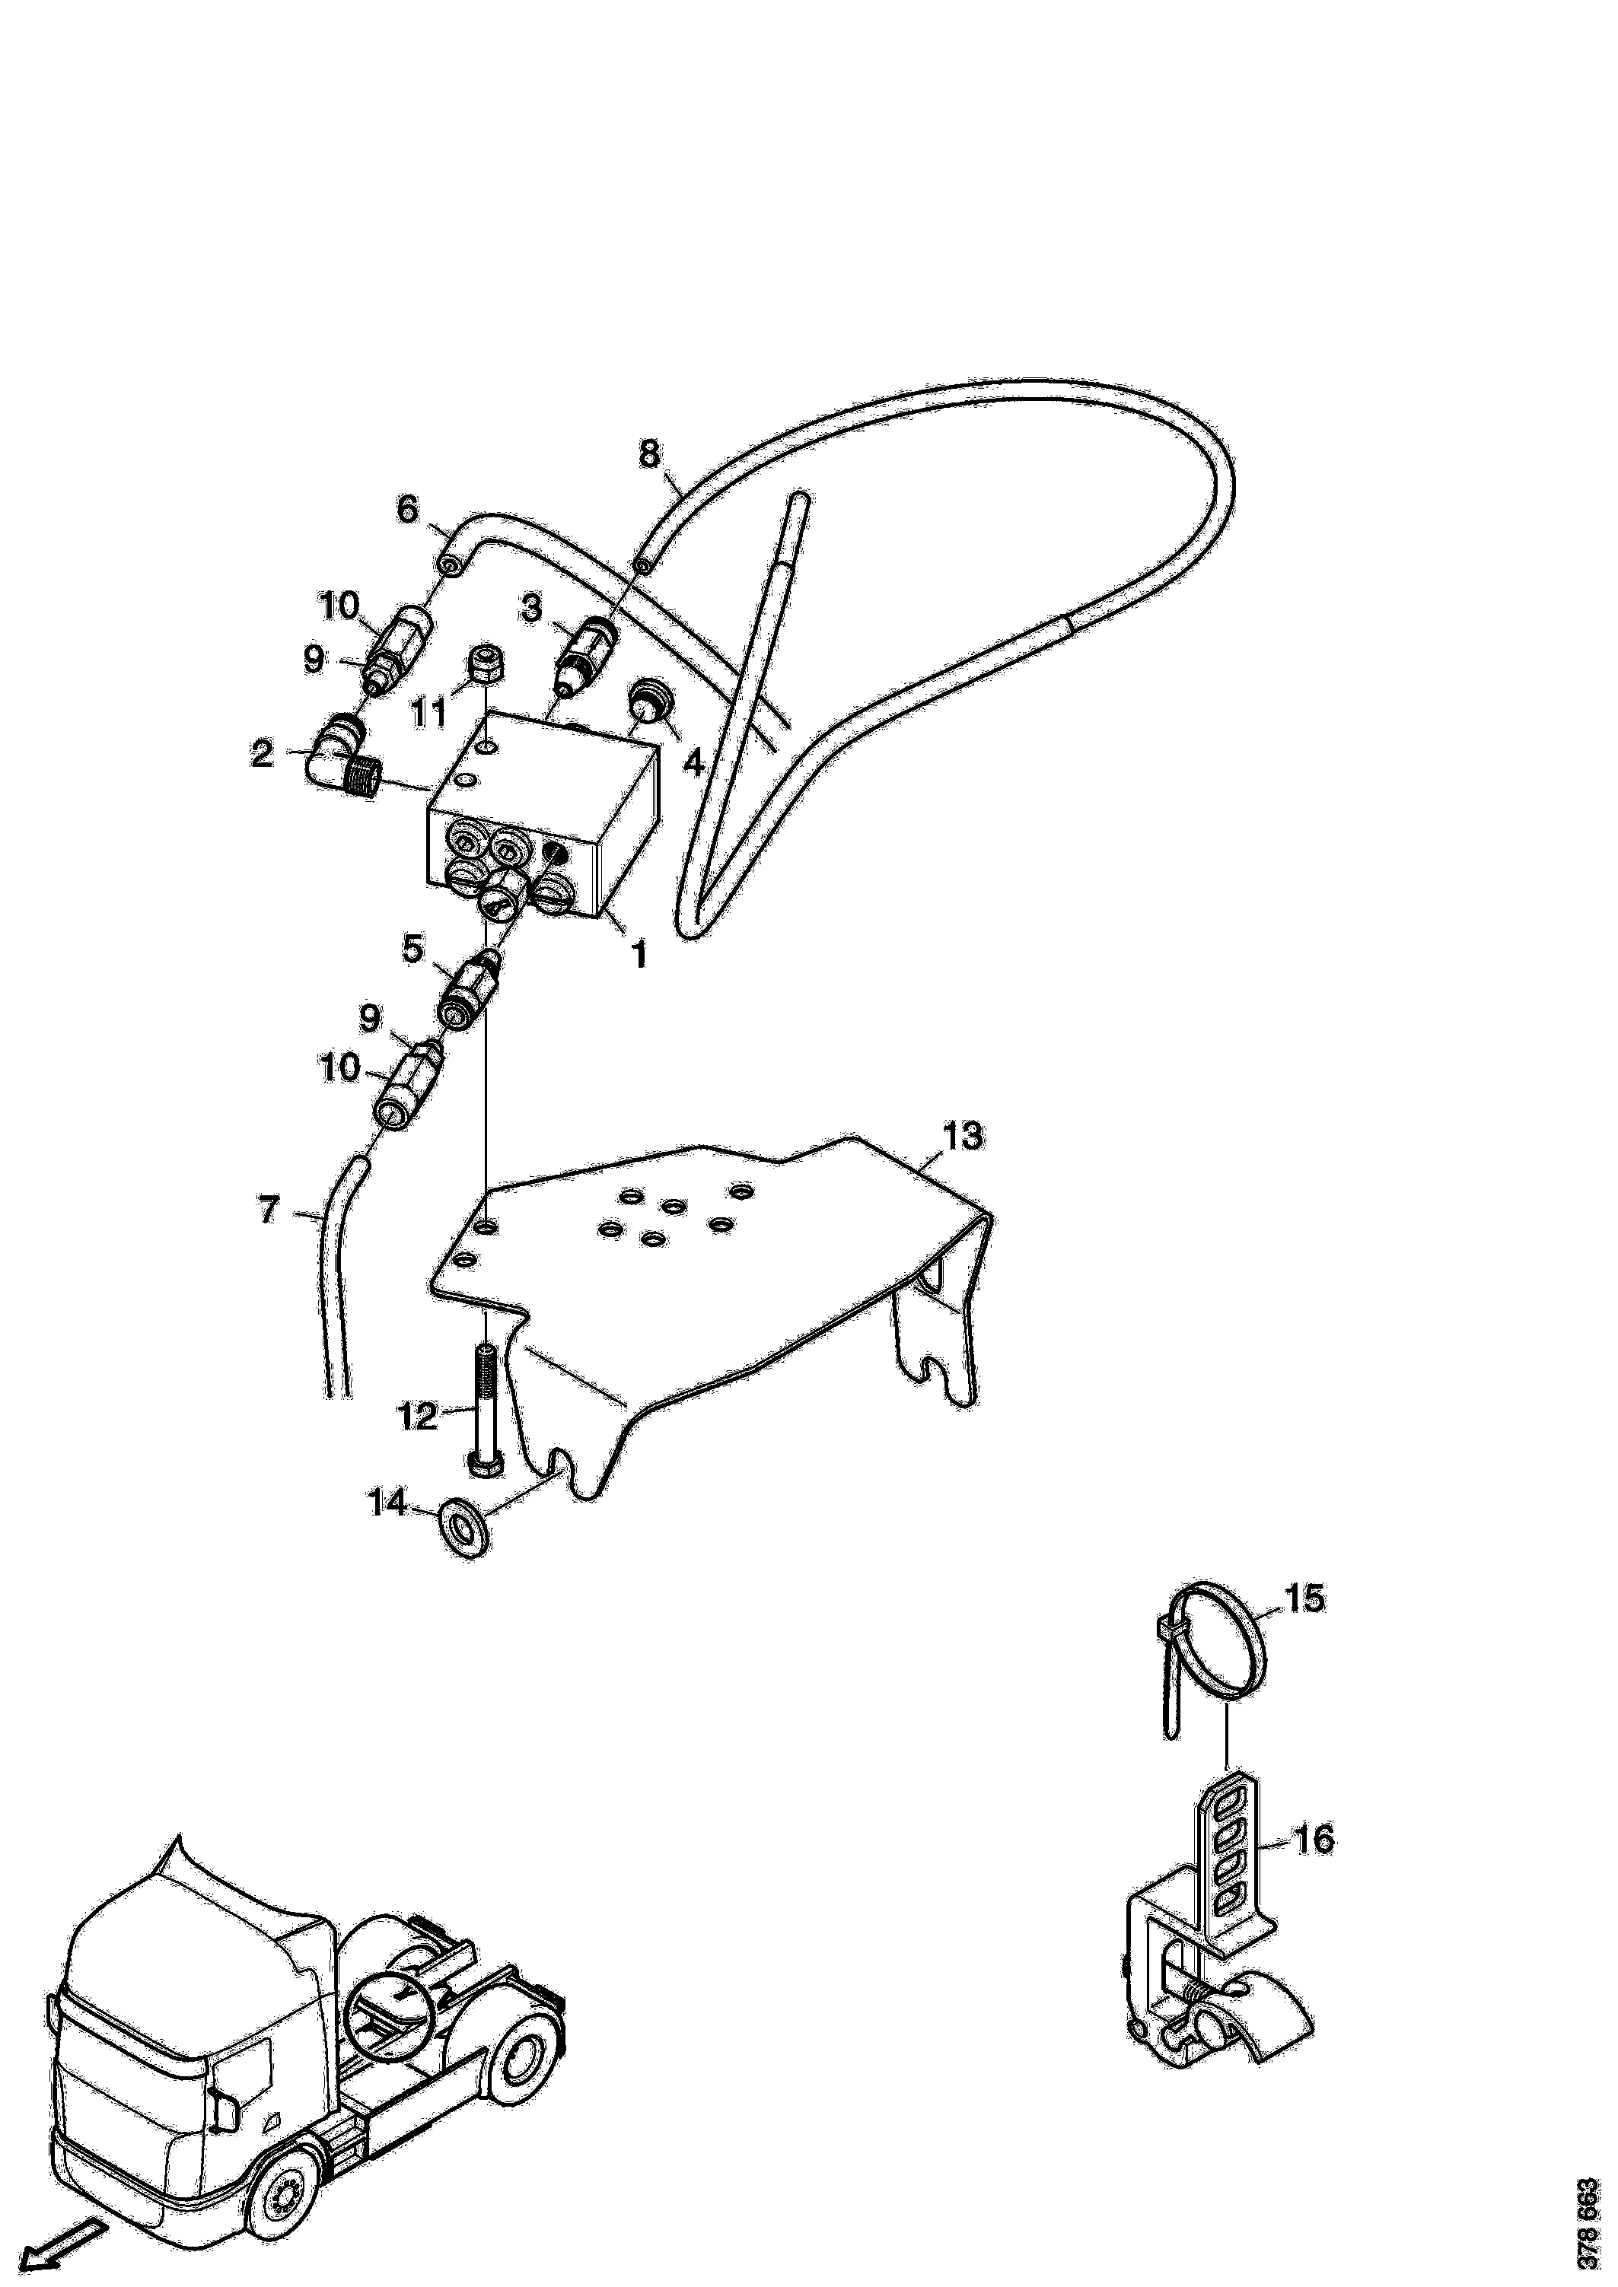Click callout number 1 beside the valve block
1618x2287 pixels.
pos(639,956)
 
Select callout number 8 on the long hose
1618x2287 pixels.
pos(648,455)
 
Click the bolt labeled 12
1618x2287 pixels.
pos(483,1407)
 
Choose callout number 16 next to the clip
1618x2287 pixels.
pos(1314,1839)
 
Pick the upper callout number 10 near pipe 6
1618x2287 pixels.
pos(339,606)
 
